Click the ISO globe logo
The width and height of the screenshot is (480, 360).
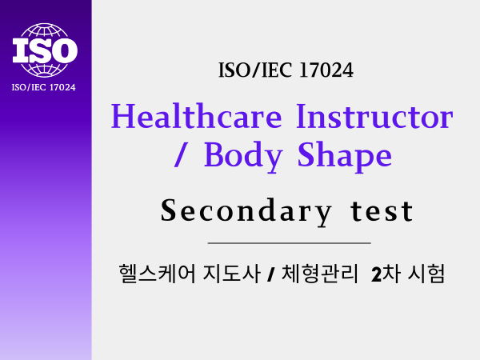click(45, 50)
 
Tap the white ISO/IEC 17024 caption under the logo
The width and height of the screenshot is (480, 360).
click(43, 87)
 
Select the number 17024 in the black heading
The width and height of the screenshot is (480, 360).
click(326, 70)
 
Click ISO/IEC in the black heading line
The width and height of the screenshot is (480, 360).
click(254, 70)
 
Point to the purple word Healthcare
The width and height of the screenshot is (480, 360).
click(196, 116)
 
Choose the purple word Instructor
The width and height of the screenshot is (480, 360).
click(374, 116)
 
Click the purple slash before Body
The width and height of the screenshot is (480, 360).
click(181, 154)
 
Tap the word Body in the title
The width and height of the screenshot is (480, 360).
click(243, 157)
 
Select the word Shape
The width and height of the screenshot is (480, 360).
click(344, 157)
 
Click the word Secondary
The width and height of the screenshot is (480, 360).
click(246, 212)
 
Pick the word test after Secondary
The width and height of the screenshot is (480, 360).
click(382, 211)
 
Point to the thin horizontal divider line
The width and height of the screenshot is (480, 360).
click(290, 243)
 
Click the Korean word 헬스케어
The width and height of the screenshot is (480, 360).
click(157, 274)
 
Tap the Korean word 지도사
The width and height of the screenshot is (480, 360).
click(231, 274)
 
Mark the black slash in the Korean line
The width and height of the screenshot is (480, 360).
click(270, 274)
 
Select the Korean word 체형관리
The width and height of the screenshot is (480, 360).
click(319, 274)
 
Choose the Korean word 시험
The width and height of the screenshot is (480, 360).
click(426, 274)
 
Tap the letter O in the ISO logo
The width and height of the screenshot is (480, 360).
click(63, 50)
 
